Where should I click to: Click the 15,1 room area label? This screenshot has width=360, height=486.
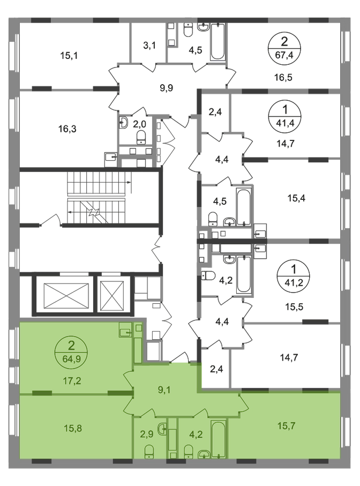point(69,56)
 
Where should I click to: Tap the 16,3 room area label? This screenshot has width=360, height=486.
point(67,129)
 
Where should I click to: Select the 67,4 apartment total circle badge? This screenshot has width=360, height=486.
point(284,48)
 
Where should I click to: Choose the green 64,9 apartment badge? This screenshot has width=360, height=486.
point(71,352)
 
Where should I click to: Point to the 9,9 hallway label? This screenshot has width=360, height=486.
point(167,88)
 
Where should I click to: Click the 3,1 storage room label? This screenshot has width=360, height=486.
point(149,46)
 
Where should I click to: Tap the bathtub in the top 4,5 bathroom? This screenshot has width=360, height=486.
point(217,42)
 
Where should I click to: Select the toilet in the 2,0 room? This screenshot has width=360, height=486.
point(141,137)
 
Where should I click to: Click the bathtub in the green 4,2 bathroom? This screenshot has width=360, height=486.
point(218,439)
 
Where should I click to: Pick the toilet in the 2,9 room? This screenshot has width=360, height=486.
point(149,451)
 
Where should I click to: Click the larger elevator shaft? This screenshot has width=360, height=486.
point(66,295)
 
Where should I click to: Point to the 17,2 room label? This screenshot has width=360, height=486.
point(72,380)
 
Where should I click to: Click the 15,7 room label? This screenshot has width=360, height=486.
point(286,426)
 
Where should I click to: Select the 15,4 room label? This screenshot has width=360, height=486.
point(296,198)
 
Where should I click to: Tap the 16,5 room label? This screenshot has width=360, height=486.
point(283,77)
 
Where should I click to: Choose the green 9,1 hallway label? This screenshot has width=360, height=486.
point(164,390)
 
